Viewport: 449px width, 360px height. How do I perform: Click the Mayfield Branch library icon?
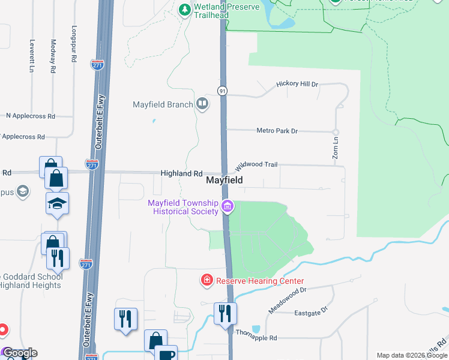pyautogui.click(x=202, y=104)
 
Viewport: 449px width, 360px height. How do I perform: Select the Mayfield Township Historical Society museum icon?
pyautogui.click(x=228, y=207)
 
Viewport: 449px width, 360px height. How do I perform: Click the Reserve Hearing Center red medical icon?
pyautogui.click(x=206, y=280)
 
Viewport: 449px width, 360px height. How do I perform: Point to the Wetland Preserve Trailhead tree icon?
pyautogui.click(x=185, y=10)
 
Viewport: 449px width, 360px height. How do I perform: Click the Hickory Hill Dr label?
pyautogui.click(x=297, y=84)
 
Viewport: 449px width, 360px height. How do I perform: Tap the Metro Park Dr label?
pyautogui.click(x=277, y=130)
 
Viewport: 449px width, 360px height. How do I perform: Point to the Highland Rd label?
pyautogui.click(x=181, y=173)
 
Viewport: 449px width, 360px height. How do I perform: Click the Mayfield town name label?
pyautogui.click(x=224, y=180)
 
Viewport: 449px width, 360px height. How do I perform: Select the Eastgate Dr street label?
pyautogui.click(x=311, y=312)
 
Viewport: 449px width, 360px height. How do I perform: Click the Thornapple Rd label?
pyautogui.click(x=256, y=335)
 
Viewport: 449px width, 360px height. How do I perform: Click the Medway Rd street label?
pyautogui.click(x=53, y=56)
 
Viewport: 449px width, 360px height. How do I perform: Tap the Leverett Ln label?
pyautogui.click(x=31, y=56)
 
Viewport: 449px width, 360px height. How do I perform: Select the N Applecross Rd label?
pyautogui.click(x=31, y=116)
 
